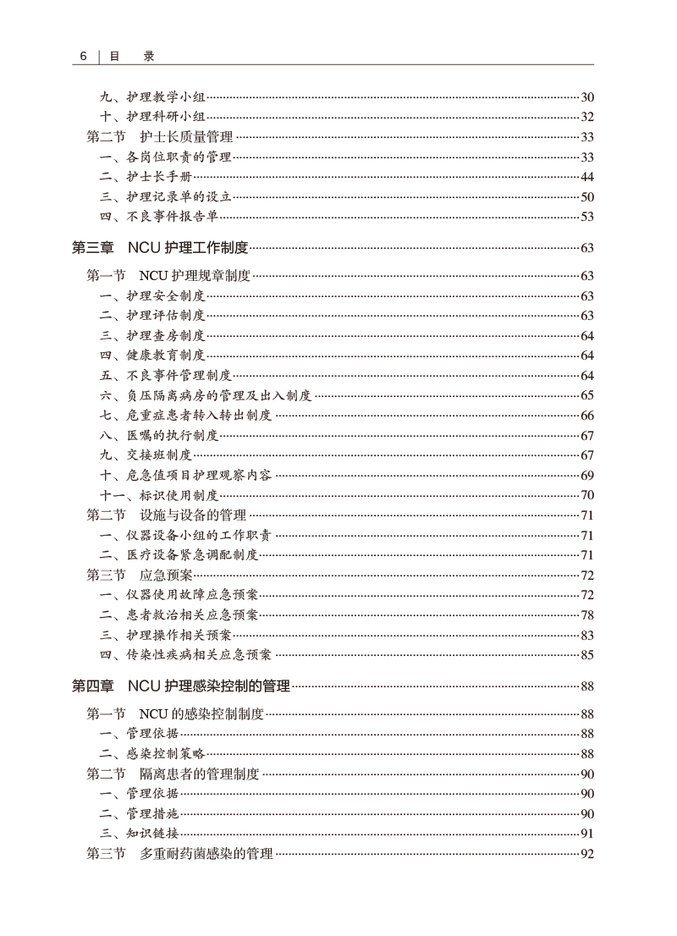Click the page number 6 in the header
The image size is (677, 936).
point(84,56)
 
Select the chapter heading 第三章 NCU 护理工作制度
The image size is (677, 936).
point(160,247)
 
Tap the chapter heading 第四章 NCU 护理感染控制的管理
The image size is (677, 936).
point(181,685)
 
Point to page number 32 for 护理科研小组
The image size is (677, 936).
point(587,117)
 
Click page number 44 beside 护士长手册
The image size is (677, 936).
point(587,177)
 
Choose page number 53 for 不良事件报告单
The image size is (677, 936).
point(587,217)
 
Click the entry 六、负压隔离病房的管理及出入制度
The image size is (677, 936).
point(206,395)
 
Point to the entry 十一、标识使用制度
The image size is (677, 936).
point(159,495)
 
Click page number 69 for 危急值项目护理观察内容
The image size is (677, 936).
point(587,475)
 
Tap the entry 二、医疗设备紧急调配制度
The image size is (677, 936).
point(179,554)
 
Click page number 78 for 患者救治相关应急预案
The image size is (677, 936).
point(587,614)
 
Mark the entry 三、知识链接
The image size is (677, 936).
point(139,834)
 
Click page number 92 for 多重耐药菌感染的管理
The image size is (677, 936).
point(587,854)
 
